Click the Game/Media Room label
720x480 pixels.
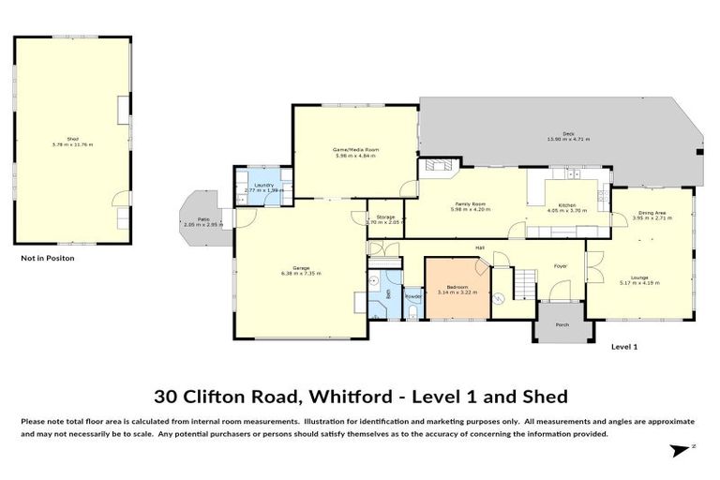coord(354,150)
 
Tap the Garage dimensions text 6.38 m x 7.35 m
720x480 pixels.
coord(301,274)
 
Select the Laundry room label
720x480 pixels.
coord(264,185)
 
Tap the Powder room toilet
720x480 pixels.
coord(412,308)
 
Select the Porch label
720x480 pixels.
coord(562,324)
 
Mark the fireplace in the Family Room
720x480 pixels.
coord(437,167)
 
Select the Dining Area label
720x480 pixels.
coord(652,214)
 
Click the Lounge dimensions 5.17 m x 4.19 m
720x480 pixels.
coord(639,282)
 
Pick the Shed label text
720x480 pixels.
coord(71,139)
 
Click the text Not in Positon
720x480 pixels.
coord(47,257)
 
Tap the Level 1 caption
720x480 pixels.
coord(624,347)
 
